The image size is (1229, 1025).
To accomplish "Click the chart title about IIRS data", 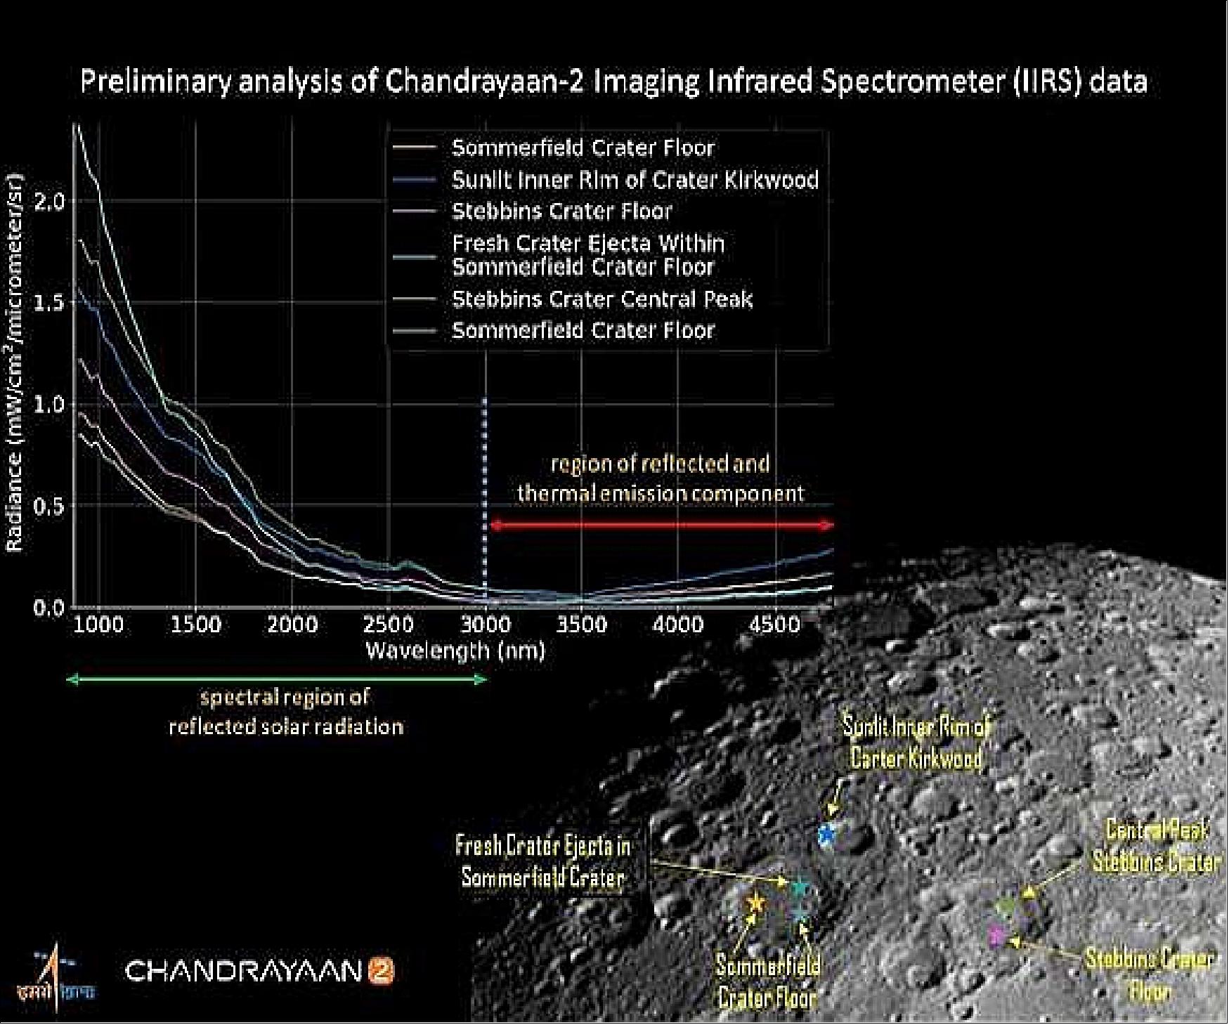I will (613, 81).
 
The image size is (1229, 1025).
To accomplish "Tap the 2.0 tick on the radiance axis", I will (49, 202).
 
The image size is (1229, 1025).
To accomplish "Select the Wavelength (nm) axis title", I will (455, 651).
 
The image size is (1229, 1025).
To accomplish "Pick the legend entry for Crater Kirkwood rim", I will (635, 180).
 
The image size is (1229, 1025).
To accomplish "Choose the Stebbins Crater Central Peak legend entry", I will (602, 299).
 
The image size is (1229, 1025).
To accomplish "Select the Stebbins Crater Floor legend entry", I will (561, 211).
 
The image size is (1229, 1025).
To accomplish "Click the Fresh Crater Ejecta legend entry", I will (587, 255).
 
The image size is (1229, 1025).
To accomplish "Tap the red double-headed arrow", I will (661, 525).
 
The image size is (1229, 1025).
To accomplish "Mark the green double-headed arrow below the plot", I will (276, 679).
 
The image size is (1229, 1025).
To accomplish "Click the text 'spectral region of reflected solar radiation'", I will (286, 712).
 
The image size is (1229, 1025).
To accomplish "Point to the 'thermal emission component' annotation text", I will (660, 493).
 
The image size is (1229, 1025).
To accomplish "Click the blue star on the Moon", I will (827, 835).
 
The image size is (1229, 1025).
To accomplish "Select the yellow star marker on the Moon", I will (755, 902).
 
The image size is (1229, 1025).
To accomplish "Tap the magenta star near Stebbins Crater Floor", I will (996, 935).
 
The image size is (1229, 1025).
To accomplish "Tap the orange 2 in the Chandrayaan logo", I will (383, 972).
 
